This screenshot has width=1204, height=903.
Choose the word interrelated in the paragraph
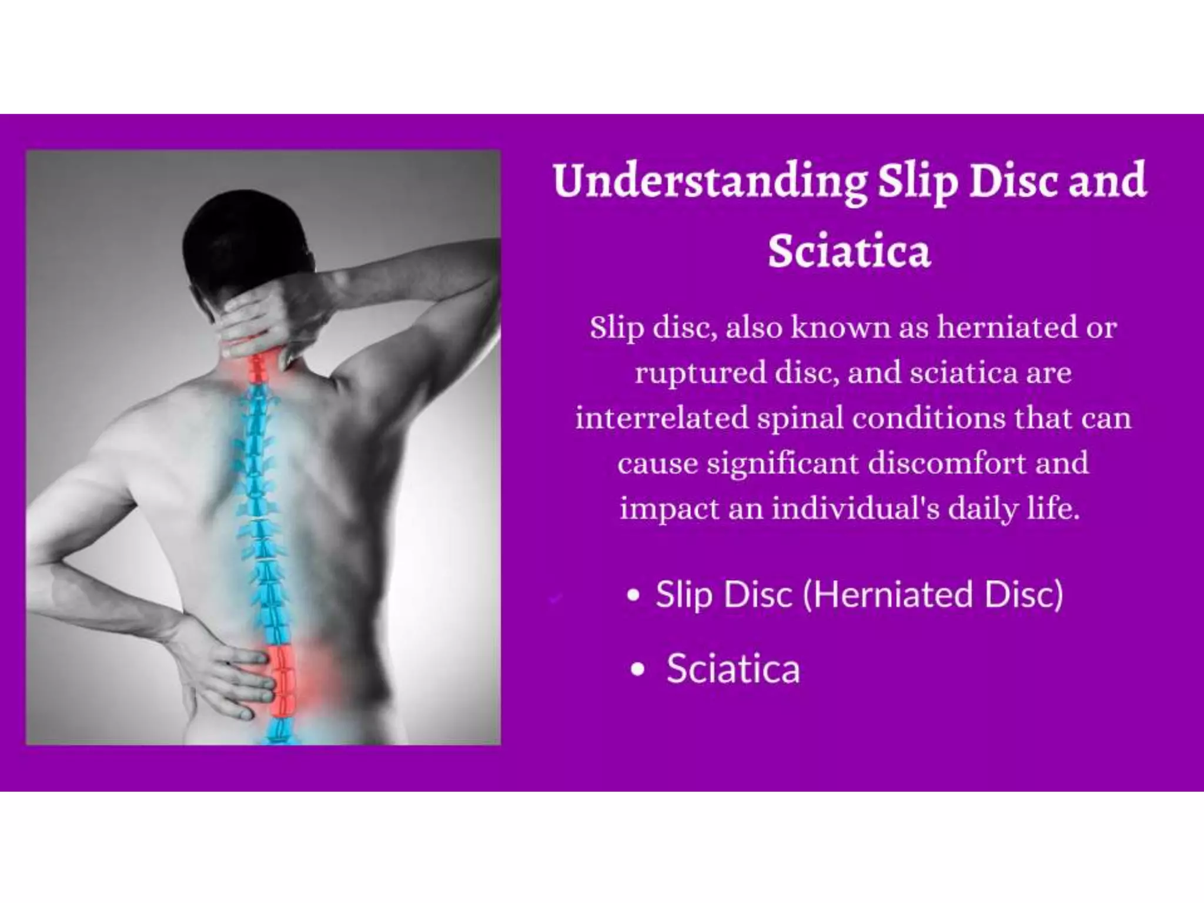(x=661, y=418)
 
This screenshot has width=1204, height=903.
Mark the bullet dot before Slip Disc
(x=633, y=595)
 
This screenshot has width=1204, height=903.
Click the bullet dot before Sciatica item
(x=637, y=670)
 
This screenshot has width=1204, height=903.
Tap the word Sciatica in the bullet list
(x=733, y=669)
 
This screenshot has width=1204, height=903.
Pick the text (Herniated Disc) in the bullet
(x=933, y=594)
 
